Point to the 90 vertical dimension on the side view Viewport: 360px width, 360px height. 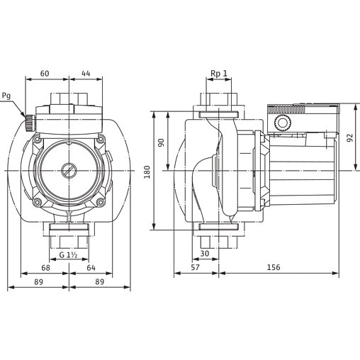pos(162,141)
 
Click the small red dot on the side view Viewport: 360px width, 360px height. pos(262,208)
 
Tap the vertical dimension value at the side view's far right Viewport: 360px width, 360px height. pos(349,138)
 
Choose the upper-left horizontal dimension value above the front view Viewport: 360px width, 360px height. pos(45,72)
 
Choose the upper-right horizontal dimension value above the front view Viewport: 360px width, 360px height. pos(86,72)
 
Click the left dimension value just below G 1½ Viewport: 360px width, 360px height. pos(45,267)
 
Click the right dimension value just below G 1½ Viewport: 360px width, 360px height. pos(91,267)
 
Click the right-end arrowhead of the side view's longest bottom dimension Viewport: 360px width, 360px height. pos(333,272)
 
